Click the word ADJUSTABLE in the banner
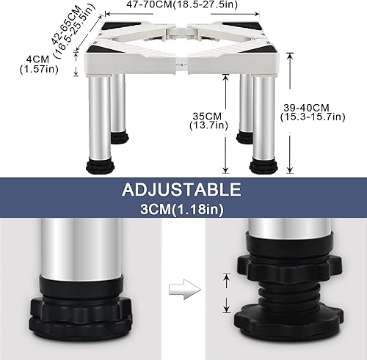(183, 191)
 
